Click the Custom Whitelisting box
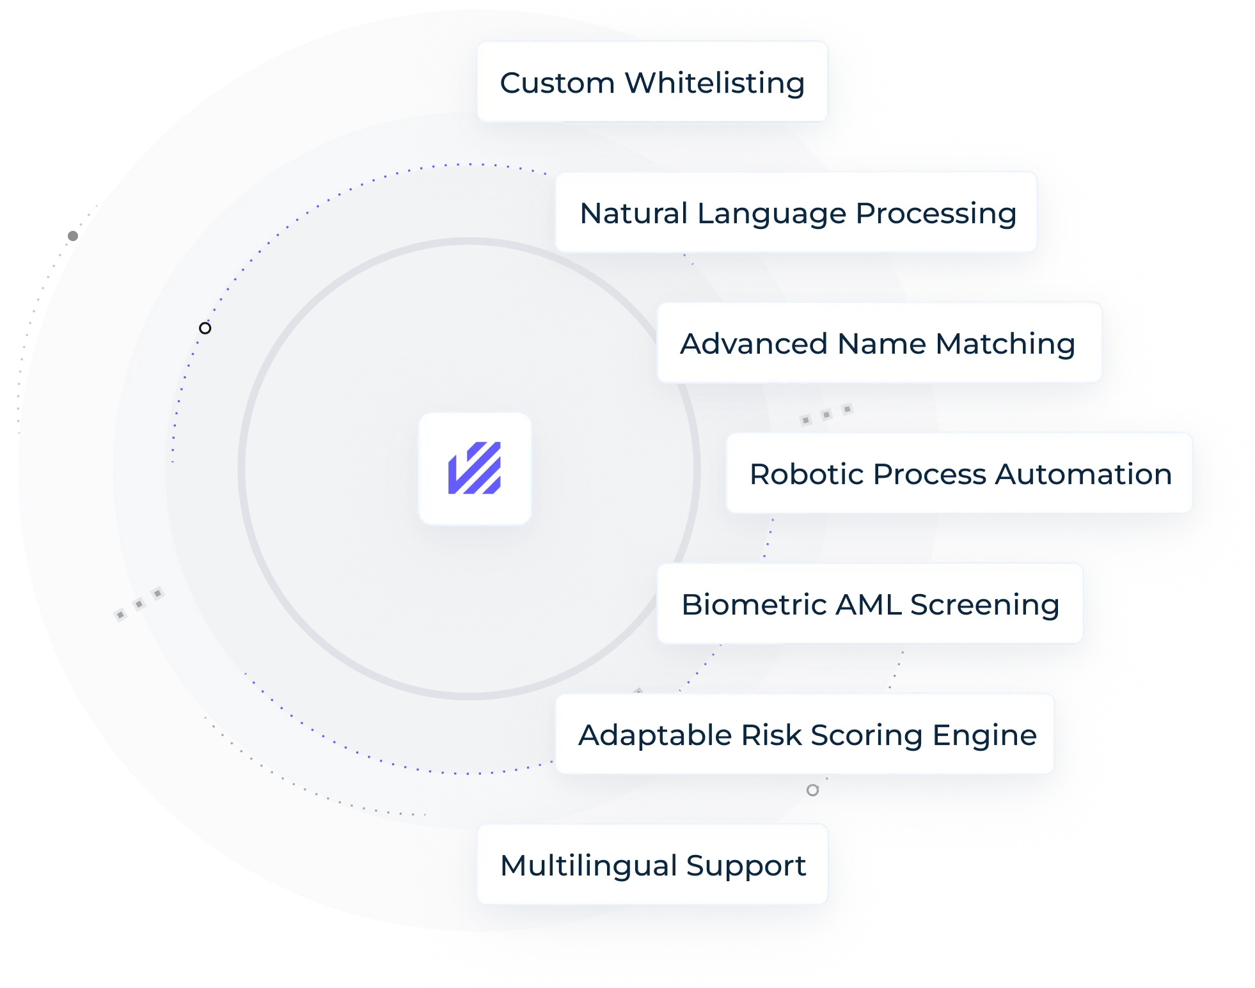(652, 82)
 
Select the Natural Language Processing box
(796, 212)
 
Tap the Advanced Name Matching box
(879, 343)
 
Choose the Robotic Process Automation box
(959, 473)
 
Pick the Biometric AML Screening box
(870, 604)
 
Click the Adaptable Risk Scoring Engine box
(805, 734)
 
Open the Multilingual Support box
(652, 865)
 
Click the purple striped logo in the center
(475, 468)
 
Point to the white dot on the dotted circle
(205, 328)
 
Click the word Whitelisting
(714, 83)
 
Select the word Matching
(1005, 344)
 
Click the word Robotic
(807, 474)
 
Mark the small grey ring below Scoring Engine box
(812, 790)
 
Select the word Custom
(557, 83)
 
